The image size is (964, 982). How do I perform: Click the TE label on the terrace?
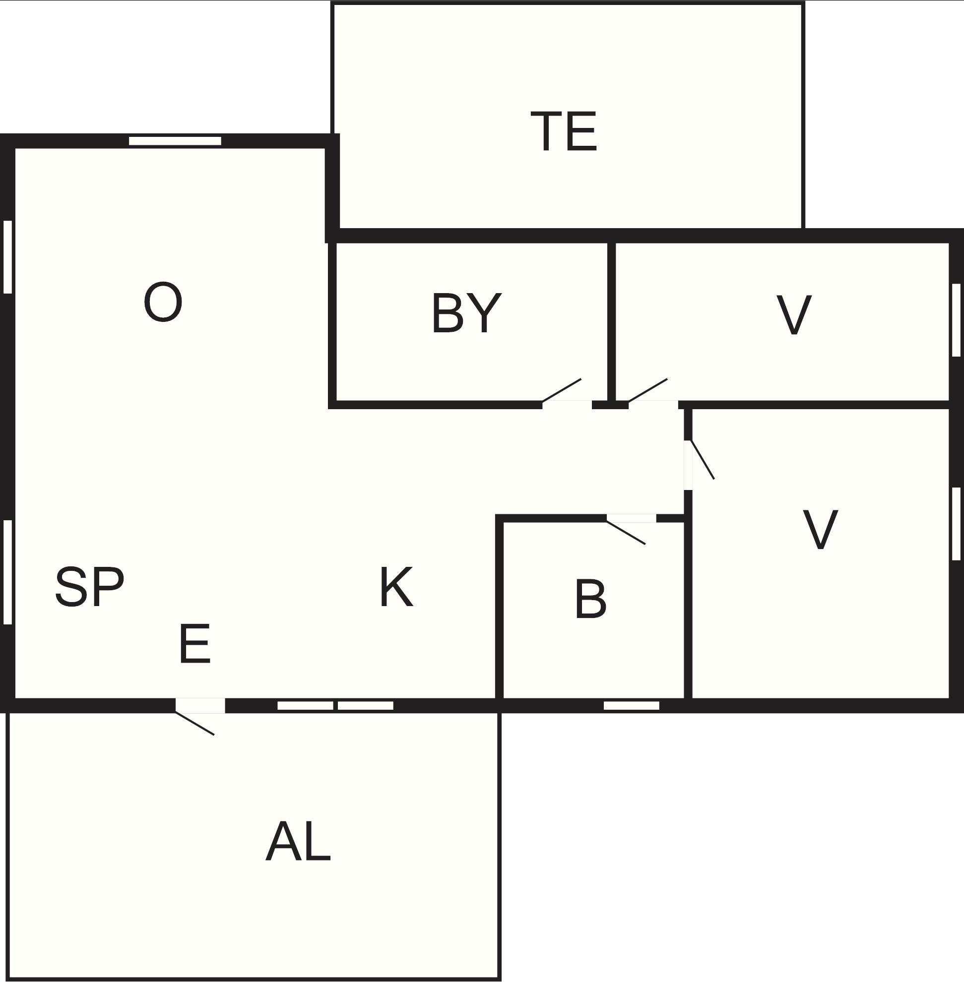coord(564,131)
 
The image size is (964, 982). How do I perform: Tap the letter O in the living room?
coord(163,302)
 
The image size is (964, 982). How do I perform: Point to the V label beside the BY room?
coord(794,315)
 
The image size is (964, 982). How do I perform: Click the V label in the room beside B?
coord(820,530)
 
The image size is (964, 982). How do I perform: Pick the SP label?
coord(90,587)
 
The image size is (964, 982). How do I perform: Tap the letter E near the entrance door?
coord(195,643)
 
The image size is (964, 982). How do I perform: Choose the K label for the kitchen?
coord(396,587)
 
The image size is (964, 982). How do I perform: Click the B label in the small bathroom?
coord(590,599)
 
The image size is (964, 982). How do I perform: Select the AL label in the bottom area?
coord(298,841)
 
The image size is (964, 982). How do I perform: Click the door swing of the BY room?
coord(562,391)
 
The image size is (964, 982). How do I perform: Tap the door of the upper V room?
coord(647,391)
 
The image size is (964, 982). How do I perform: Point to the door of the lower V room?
coord(703,460)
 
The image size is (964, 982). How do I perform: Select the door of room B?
coord(626,533)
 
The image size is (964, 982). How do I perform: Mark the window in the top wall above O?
coord(175,141)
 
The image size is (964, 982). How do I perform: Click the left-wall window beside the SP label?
coord(7,572)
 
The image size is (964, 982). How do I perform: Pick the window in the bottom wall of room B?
coord(632,706)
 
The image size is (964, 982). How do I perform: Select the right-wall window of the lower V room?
coord(957,524)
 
